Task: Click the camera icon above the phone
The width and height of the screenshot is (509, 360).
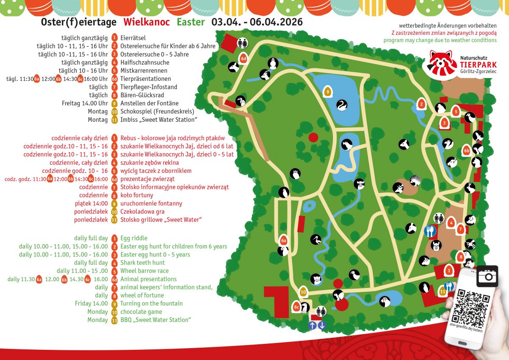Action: click(x=487, y=276)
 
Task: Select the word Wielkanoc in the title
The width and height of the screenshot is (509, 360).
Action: click(x=147, y=22)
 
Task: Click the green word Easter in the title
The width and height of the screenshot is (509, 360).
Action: click(x=191, y=22)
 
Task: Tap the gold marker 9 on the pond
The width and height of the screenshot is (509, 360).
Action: click(x=327, y=90)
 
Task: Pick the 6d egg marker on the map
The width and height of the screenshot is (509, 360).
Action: click(x=243, y=58)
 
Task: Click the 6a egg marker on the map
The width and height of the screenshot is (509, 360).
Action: click(x=284, y=240)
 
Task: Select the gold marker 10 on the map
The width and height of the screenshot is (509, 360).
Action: click(x=303, y=292)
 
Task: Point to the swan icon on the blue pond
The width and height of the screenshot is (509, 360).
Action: click(x=342, y=104)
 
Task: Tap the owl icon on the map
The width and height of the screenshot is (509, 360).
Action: click(x=295, y=173)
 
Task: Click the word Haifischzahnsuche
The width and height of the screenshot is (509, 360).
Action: click(x=145, y=62)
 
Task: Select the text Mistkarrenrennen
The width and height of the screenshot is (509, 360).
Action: click(x=144, y=70)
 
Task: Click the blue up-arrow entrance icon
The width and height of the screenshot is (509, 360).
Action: click(x=312, y=325)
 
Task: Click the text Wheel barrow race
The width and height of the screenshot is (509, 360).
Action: click(x=144, y=271)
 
